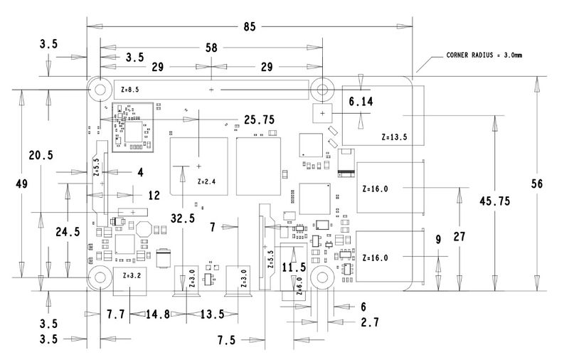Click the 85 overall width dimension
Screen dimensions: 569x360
tap(250, 26)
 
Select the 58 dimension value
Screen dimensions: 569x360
tap(211, 48)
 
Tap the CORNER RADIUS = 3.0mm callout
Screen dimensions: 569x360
tap(484, 55)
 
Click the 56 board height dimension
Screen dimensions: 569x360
tap(537, 184)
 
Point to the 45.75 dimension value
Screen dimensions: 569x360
tap(494, 201)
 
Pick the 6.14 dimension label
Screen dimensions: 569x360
tap(361, 102)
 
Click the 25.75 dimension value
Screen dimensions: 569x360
tap(259, 120)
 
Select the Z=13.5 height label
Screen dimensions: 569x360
tap(394, 137)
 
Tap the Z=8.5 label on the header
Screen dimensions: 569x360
tap(130, 89)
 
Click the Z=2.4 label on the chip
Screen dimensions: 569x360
tap(206, 181)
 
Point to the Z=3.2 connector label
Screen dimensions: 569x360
tap(132, 275)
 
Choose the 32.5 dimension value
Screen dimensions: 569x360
tap(183, 218)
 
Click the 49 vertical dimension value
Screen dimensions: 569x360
tap(22, 184)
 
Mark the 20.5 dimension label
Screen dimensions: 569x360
tap(41, 155)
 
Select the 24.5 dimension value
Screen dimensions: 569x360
tap(68, 231)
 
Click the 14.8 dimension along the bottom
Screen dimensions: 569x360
tap(158, 314)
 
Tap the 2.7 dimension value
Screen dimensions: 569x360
tap(370, 322)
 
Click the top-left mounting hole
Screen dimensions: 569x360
tap(100, 89)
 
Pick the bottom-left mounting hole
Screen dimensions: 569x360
tap(100, 277)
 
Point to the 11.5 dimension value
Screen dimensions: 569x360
tap(294, 268)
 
